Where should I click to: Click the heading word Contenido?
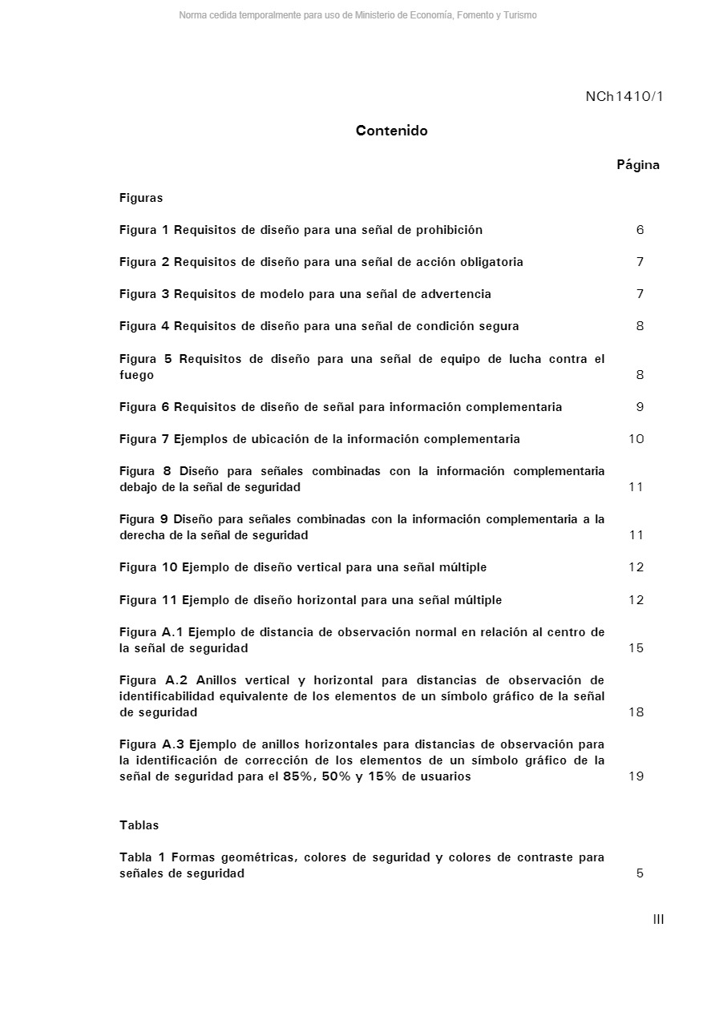tap(391, 131)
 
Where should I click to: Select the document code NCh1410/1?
tap(624, 97)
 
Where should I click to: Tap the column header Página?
tap(638, 165)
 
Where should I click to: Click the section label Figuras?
tap(141, 198)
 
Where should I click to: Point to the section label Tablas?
tap(139, 825)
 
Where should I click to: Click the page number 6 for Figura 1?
tap(640, 230)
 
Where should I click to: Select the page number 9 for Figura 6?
tap(640, 407)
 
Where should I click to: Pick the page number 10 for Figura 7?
tap(636, 439)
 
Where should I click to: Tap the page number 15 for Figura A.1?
tap(636, 648)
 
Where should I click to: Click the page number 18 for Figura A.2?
tap(636, 712)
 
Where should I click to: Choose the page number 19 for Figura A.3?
tap(636, 776)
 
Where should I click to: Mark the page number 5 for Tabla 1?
tap(640, 873)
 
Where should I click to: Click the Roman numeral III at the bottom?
tap(658, 919)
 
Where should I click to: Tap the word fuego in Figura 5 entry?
tap(136, 375)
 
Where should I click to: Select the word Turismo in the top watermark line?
tap(519, 15)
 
